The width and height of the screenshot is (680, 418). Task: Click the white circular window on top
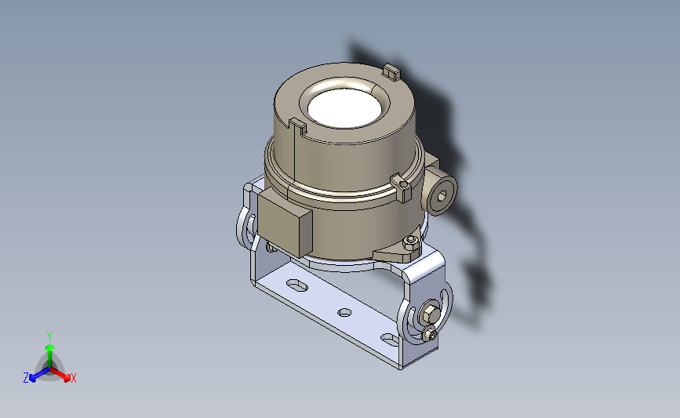coord(345,108)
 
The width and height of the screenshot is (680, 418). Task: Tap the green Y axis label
coord(49,336)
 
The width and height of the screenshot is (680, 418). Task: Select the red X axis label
coord(73,378)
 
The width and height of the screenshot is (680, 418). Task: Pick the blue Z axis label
coord(26,378)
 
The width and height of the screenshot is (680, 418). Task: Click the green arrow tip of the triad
coord(50,347)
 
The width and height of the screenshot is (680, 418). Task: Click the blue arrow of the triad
coord(39,375)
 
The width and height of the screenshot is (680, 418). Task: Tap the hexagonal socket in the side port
coord(441,196)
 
